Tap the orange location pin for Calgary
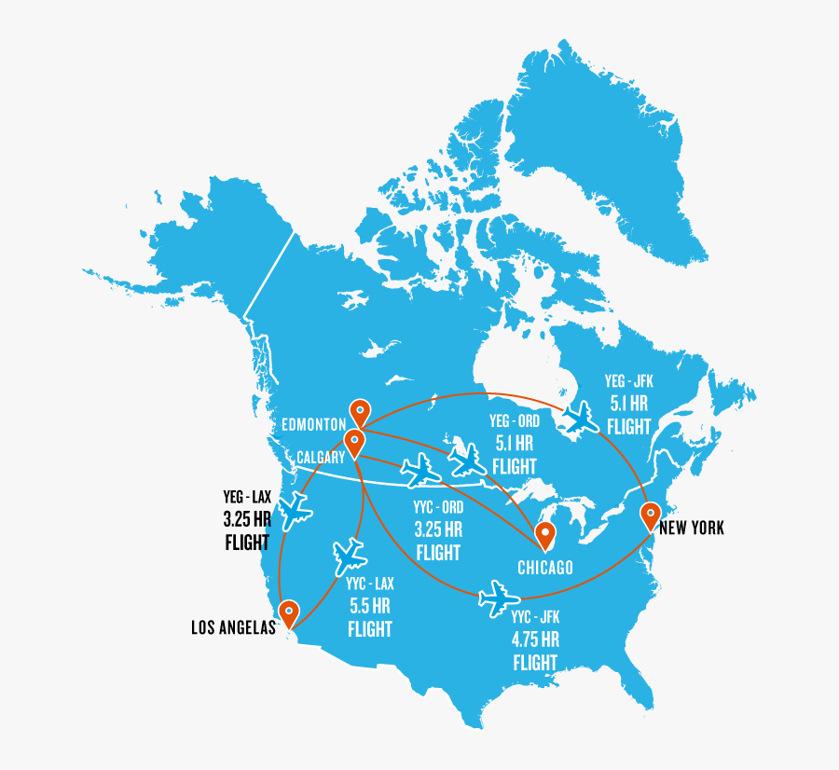[353, 441]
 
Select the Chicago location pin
[545, 534]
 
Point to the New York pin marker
[650, 514]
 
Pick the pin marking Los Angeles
[291, 612]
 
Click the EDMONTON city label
[314, 425]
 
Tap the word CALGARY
[321, 457]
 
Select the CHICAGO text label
[545, 568]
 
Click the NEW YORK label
[692, 529]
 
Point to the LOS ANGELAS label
[234, 628]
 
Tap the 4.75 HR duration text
[535, 640]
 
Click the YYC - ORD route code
[438, 508]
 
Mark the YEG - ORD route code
[515, 421]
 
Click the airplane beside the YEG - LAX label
[295, 509]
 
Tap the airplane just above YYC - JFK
[498, 596]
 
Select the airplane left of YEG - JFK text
[582, 417]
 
